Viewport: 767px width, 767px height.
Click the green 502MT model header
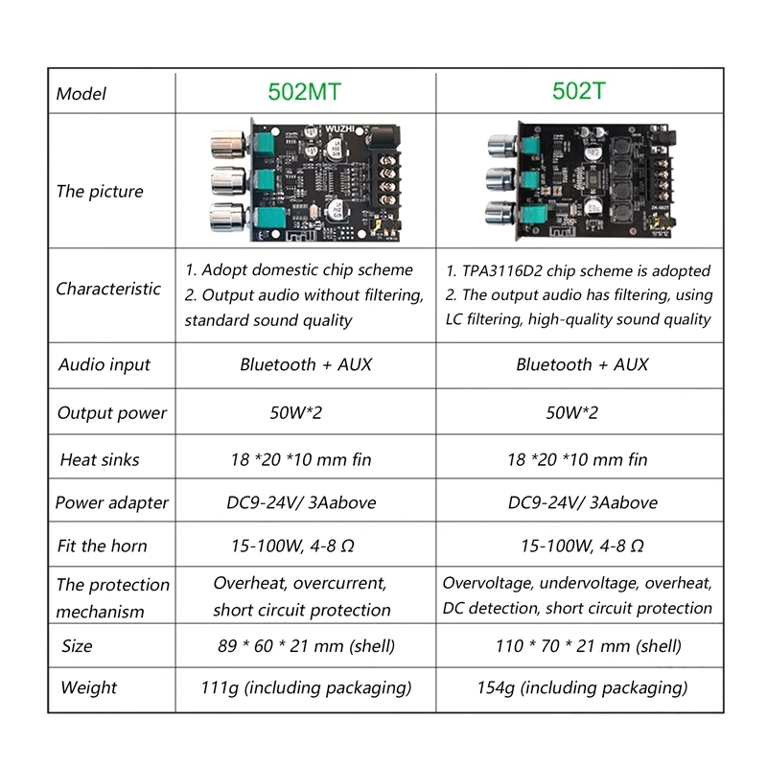click(x=304, y=92)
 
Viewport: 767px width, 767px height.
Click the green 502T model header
click(x=579, y=92)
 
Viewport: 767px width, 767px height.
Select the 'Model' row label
click(x=81, y=93)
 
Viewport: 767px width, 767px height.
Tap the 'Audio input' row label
click(x=105, y=364)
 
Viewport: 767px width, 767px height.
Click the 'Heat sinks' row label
click(x=100, y=459)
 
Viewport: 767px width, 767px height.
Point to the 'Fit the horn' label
click(x=102, y=546)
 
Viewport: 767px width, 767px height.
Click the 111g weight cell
click(x=306, y=687)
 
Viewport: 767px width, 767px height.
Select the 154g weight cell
click(x=581, y=687)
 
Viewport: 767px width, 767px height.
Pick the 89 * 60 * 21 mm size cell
click(x=306, y=646)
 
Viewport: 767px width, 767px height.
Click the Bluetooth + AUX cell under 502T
click(x=582, y=364)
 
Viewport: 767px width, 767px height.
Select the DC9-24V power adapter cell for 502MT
click(x=306, y=502)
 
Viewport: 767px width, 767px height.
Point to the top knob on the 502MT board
click(x=227, y=147)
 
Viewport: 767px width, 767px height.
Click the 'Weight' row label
click(x=88, y=687)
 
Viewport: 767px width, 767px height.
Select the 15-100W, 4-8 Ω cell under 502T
click(x=581, y=546)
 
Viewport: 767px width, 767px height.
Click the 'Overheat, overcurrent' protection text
click(x=300, y=583)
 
